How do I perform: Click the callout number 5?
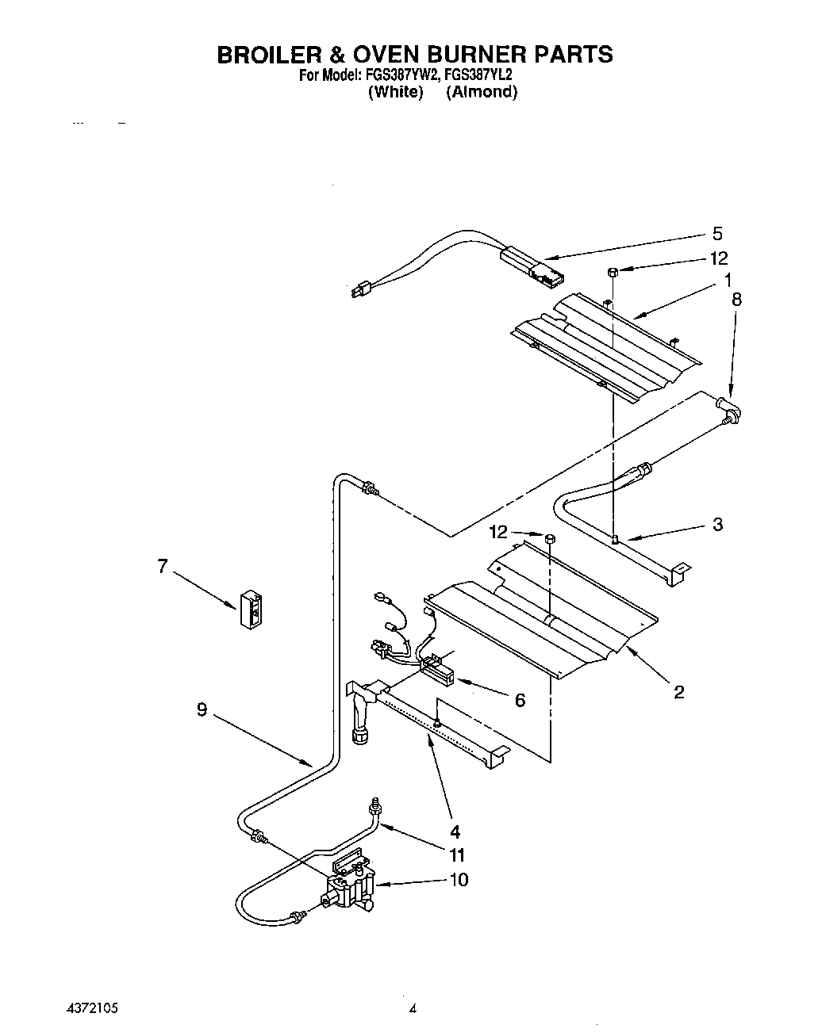point(717,233)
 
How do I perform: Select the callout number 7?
point(162,566)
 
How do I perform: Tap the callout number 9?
point(202,710)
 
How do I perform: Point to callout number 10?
point(459,880)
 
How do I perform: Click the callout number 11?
point(457,855)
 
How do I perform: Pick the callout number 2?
point(679,693)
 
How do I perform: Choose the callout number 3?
point(717,524)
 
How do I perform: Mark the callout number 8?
point(736,299)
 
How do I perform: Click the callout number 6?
point(520,700)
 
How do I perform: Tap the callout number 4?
point(455,832)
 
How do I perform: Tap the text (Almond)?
point(482,92)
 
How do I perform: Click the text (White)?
point(395,92)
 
